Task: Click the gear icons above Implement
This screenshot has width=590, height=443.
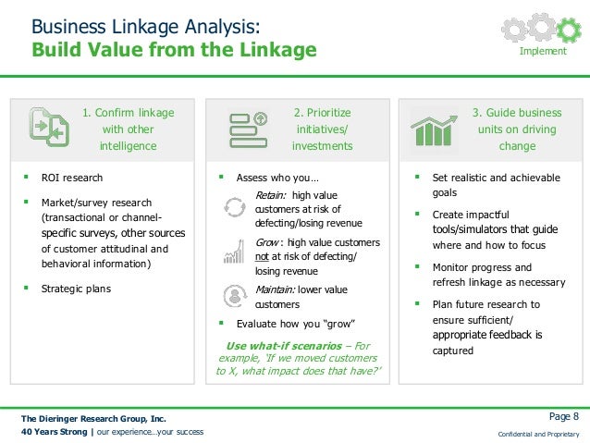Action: [542, 29]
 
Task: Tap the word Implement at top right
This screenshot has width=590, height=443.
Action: [543, 52]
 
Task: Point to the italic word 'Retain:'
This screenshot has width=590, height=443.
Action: [272, 195]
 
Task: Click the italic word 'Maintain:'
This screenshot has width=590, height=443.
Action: [277, 289]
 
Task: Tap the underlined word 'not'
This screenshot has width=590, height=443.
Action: [263, 256]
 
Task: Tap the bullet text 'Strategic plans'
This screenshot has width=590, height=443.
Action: [77, 289]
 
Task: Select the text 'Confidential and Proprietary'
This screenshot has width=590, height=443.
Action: [538, 434]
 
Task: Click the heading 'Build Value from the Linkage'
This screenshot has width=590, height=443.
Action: [174, 49]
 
